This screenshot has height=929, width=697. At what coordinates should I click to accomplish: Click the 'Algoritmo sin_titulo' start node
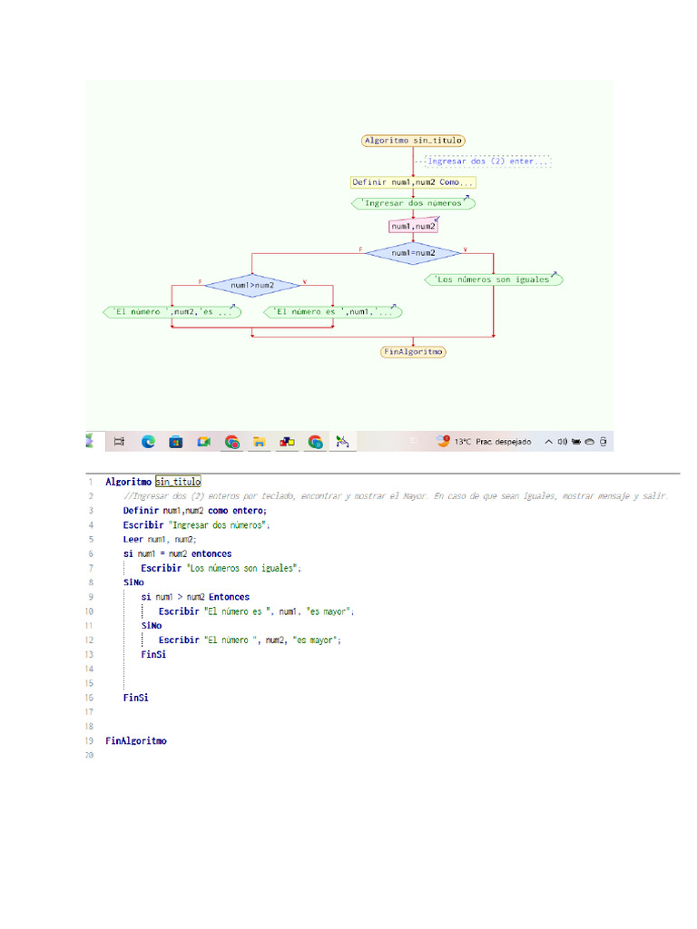click(x=413, y=141)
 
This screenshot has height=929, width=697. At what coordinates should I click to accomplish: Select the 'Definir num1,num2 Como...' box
click(x=413, y=182)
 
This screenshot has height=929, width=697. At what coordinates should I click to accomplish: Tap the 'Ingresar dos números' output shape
click(x=413, y=204)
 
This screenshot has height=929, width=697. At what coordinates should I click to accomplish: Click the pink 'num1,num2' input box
click(x=413, y=226)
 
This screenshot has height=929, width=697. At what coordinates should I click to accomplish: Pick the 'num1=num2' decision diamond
click(x=413, y=252)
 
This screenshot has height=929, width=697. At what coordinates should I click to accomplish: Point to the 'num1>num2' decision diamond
click(x=252, y=285)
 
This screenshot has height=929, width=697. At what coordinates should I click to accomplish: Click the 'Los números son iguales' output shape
click(x=493, y=279)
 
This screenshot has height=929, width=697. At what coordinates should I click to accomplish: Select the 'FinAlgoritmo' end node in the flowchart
click(x=413, y=351)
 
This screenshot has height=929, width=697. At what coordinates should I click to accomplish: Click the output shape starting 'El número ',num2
click(x=172, y=312)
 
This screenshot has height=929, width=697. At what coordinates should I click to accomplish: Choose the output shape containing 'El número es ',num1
click(x=333, y=312)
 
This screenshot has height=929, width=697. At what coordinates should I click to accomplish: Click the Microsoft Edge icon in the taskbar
click(x=148, y=442)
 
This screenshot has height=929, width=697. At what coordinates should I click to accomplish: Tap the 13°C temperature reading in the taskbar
click(x=463, y=442)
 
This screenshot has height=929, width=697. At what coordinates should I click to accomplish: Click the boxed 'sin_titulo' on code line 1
click(x=178, y=482)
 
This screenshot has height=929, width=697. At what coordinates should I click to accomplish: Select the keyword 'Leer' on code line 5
click(x=133, y=539)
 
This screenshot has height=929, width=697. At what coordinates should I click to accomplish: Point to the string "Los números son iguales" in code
click(x=242, y=568)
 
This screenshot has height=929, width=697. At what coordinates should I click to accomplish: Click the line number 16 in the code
click(x=90, y=698)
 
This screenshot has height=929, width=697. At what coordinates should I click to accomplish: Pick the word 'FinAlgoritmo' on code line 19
click(x=136, y=740)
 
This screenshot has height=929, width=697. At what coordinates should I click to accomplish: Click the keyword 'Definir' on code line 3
click(x=141, y=511)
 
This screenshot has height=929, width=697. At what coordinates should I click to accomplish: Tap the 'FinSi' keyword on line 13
click(x=153, y=654)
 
